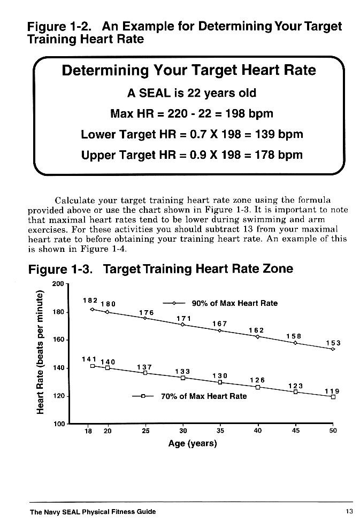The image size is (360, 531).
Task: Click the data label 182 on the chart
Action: click(90, 301)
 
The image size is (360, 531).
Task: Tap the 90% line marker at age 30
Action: click(183, 325)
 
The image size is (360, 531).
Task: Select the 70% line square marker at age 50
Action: click(333, 397)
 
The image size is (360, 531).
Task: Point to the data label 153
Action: click(333, 343)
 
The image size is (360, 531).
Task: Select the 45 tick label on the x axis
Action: click(295, 432)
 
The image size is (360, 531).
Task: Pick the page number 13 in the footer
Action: click(349, 512)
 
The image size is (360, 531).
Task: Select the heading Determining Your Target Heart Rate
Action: click(189, 71)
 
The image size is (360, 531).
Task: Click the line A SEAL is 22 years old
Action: click(192, 93)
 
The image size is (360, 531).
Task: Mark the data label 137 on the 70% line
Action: click(145, 367)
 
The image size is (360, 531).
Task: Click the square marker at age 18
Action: click(93, 366)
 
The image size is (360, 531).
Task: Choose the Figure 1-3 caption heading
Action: click(160, 269)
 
